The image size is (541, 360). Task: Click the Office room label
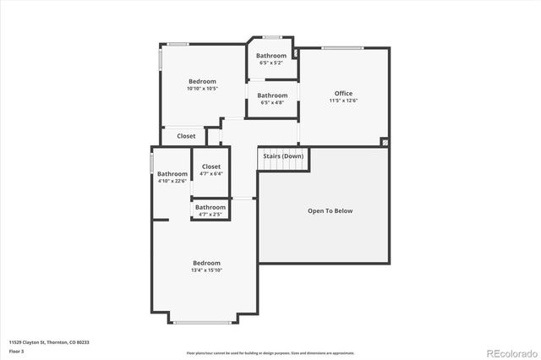(342, 94)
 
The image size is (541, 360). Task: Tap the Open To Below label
(330, 210)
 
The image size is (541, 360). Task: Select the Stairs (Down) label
(283, 156)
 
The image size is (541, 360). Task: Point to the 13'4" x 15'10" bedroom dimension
(206, 270)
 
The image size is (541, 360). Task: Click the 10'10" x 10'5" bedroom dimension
(203, 88)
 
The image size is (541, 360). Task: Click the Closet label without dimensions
(186, 136)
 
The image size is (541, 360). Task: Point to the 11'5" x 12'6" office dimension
(343, 101)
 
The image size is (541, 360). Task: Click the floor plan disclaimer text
(270, 352)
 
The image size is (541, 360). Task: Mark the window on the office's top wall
(336, 48)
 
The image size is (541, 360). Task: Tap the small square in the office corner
(385, 143)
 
